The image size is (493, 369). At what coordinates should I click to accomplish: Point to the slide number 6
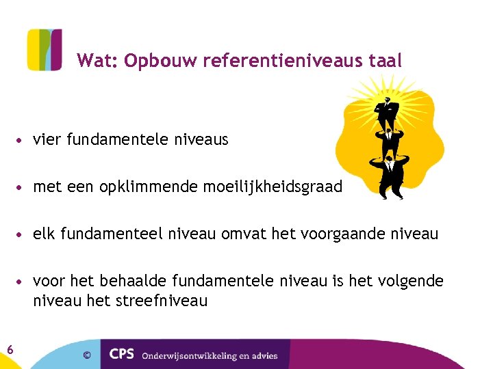coord(10,350)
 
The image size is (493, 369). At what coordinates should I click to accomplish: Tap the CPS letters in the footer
coord(123,355)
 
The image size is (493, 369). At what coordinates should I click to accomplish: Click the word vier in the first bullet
coord(46,140)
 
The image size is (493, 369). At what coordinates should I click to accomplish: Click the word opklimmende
coord(149,187)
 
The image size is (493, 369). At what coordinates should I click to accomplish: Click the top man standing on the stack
coord(388,109)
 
